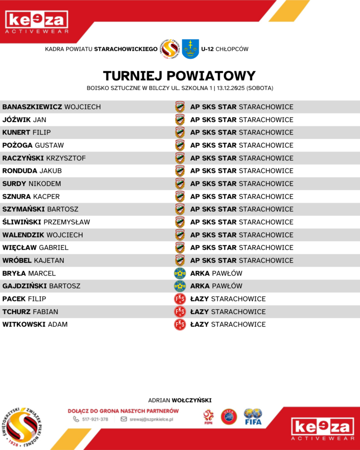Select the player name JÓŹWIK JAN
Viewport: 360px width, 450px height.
coord(24,120)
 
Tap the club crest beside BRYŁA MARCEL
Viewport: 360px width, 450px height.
coord(180,273)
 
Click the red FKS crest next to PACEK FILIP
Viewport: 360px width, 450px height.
coord(180,299)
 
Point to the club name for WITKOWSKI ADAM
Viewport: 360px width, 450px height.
coord(228,324)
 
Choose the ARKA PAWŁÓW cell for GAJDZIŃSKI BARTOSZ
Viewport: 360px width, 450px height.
coord(216,286)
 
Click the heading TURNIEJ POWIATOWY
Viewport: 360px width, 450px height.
coord(179,76)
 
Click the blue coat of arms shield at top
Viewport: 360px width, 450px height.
coord(190,49)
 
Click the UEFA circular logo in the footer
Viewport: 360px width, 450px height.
coord(229,416)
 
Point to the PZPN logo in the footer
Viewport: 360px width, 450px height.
coord(208,417)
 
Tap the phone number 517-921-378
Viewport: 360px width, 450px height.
coord(95,419)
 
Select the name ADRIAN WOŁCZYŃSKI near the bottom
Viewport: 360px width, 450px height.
coord(180,400)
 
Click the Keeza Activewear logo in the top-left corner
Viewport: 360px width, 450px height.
coord(36,22)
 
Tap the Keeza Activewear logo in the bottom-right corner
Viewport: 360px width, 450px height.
coord(323,429)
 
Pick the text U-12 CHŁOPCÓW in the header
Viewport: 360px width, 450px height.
coord(225,49)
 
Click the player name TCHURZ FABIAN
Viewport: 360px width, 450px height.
coord(30,312)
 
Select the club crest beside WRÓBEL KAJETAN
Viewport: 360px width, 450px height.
coord(180,260)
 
